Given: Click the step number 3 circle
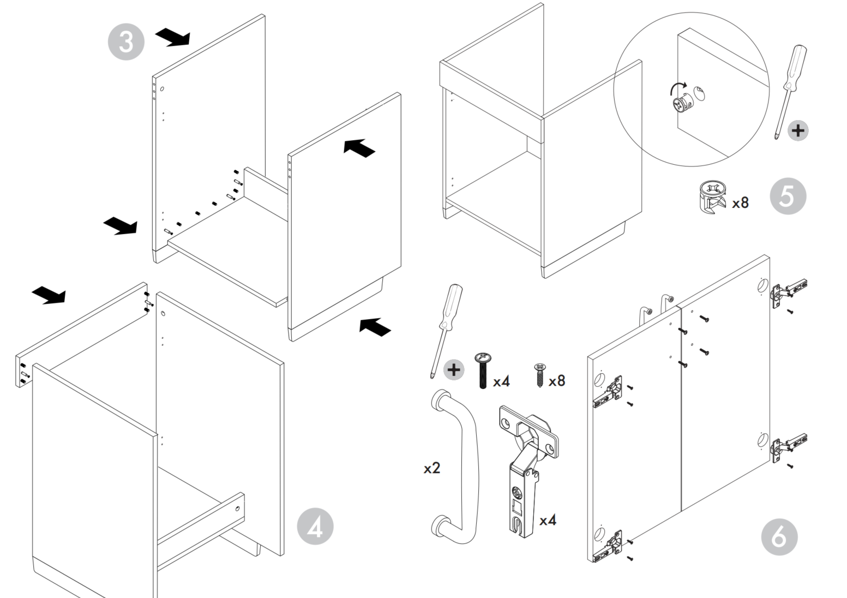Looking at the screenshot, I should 126,41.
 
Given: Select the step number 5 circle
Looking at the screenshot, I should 788,196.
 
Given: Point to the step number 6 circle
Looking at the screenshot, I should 779,536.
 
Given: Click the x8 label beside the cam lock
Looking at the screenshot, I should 740,203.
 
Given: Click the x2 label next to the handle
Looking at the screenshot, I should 432,468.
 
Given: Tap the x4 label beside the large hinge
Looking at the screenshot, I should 548,520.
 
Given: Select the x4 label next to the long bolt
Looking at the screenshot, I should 501,381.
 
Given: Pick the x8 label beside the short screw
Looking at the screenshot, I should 556,380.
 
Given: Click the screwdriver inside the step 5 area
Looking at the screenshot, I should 790,87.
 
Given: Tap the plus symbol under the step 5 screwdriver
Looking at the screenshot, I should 798,130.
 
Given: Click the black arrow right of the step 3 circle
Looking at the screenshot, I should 173,37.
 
